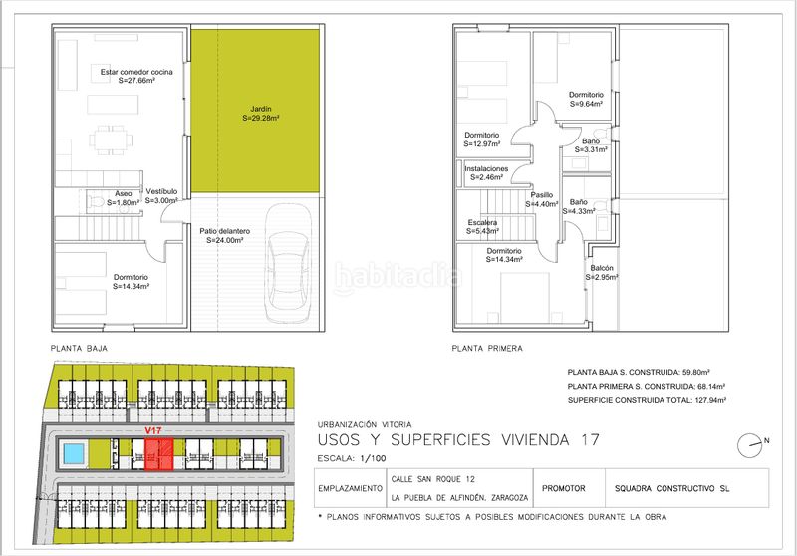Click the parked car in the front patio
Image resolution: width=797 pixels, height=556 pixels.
click(288, 263)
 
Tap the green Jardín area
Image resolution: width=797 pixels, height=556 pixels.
click(255, 111)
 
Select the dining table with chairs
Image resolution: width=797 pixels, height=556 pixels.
click(112, 139)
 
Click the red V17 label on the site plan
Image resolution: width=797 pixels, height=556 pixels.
click(153, 431)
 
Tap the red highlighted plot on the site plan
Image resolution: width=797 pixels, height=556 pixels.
click(159, 454)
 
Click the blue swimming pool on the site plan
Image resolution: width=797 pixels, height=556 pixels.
click(73, 453)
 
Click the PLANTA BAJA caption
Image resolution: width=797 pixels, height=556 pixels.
click(79, 348)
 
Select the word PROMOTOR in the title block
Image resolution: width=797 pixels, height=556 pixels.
click(564, 488)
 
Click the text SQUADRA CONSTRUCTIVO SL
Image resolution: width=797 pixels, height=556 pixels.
click(671, 489)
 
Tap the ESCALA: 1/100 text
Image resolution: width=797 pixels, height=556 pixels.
click(352, 458)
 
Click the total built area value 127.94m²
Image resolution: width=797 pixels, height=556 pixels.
click(709, 400)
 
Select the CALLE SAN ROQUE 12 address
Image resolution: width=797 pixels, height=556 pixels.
click(433, 479)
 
